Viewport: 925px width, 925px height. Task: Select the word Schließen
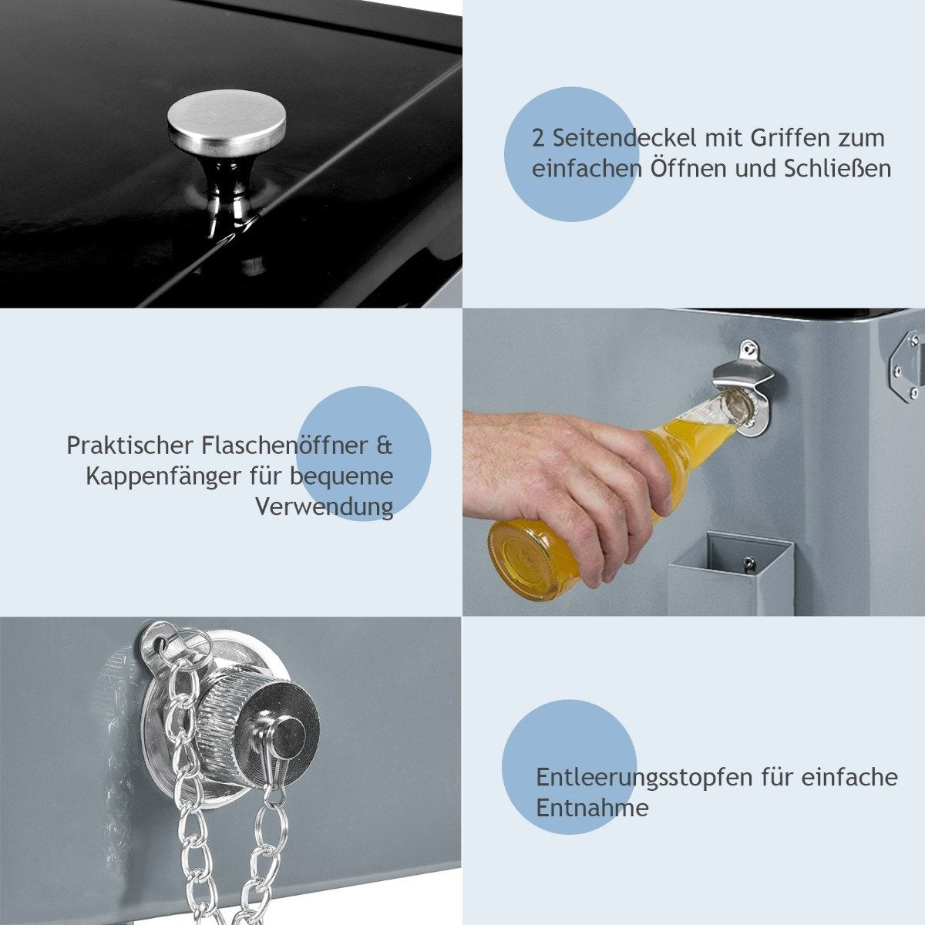point(838,169)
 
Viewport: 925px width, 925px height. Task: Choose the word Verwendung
point(324,507)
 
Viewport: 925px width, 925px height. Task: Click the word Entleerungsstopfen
point(644,778)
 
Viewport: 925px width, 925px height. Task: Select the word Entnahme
point(592,808)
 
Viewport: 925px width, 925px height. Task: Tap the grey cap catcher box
point(730,575)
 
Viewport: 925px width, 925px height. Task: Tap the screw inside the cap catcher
point(748,562)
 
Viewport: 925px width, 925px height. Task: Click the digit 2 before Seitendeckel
point(539,139)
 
